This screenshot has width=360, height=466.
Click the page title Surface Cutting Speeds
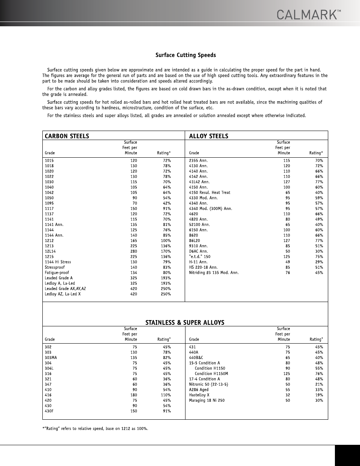click(x=185, y=55)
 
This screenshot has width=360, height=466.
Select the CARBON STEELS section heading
click(x=67, y=136)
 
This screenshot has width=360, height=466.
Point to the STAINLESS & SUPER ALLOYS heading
click(x=185, y=322)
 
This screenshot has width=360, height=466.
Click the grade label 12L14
click(x=50, y=251)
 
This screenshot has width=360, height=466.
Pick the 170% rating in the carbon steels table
click(x=166, y=251)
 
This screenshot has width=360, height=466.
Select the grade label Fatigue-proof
click(x=57, y=273)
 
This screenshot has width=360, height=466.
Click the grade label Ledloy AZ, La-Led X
click(x=63, y=294)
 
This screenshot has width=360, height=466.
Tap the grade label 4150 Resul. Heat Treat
click(x=210, y=193)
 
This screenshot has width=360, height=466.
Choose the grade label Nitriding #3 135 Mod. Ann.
click(x=214, y=273)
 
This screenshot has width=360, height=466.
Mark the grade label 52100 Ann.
click(x=199, y=224)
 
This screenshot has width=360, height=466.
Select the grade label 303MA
click(x=51, y=358)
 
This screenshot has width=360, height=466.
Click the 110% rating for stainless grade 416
click(x=166, y=395)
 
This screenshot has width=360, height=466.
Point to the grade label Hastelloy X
click(x=199, y=395)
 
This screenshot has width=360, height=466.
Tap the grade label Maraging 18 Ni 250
click(x=207, y=400)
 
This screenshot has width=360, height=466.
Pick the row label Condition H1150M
click(x=211, y=374)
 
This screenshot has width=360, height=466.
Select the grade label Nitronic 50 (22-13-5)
click(x=209, y=384)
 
